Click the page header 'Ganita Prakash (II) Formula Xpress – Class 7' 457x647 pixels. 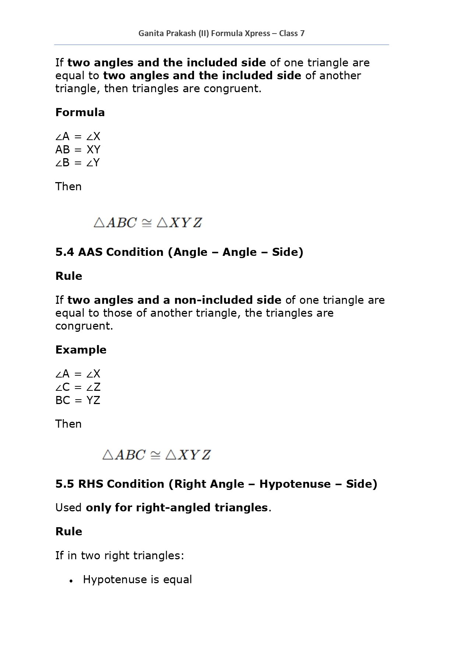pos(221,34)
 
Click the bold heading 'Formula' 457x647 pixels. pos(80,112)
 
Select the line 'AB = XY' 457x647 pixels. pos(78,150)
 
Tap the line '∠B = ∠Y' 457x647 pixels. pos(77,163)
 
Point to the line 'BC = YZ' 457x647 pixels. pos(78,400)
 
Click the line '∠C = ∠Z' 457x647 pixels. pos(78,387)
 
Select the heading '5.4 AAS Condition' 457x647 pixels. pos(179,252)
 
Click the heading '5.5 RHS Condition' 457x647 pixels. pos(216,484)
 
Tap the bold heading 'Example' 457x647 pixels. pos(81,350)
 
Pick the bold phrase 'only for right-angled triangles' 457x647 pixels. pos(176,508)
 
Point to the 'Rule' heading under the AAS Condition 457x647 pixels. pos(68,276)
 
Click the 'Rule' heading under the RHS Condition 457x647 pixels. pos(68,532)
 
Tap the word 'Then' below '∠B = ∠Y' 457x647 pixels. pos(68,187)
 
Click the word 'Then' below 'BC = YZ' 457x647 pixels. pos(68,424)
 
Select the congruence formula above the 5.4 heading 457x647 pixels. pos(148,223)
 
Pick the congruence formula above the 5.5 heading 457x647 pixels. pos(157,455)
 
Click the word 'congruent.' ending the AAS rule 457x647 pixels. pos(84,326)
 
